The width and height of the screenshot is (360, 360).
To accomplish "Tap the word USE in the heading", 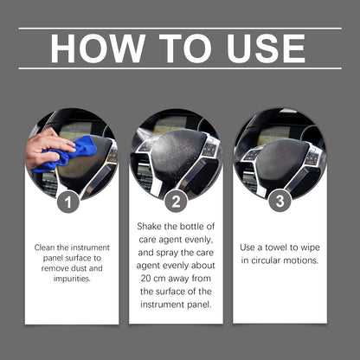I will tap(261, 48).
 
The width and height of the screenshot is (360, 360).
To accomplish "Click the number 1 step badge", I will tap(72, 203).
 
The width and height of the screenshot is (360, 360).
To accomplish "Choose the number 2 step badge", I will tap(176, 203).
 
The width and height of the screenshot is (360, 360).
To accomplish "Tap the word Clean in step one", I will tap(47, 247).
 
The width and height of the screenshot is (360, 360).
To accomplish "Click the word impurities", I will tap(71, 279).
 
